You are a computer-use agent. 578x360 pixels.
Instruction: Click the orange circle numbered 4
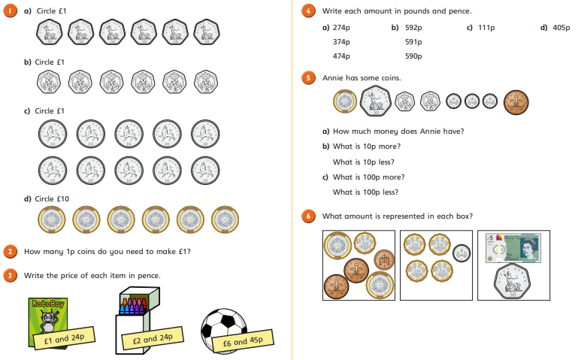tap(308, 11)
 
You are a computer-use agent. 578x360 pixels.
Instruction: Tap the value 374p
tap(341, 42)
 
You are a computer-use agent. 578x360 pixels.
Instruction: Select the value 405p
tap(561, 28)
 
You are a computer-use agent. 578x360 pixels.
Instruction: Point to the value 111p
tap(486, 28)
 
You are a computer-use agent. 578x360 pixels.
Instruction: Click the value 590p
tap(413, 56)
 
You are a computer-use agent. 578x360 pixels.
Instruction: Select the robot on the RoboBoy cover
tap(49, 320)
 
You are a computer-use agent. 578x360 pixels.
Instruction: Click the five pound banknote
tap(513, 247)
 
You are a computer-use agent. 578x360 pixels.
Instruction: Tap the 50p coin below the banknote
tap(512, 282)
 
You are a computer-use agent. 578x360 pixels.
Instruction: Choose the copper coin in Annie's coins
tap(516, 102)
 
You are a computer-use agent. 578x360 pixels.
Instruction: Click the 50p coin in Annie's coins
tap(375, 101)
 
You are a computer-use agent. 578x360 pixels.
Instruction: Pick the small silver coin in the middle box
tap(461, 253)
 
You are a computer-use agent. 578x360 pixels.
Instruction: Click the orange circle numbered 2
tap(10, 252)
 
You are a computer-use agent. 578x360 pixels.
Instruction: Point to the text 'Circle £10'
tap(52, 199)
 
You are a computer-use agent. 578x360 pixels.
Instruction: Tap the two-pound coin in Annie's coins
tap(345, 101)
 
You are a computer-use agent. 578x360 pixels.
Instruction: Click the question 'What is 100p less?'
tap(365, 192)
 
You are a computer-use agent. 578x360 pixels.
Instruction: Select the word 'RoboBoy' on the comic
tap(48, 304)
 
